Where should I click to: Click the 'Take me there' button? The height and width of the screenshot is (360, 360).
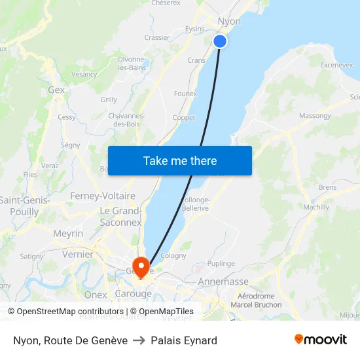[180, 160]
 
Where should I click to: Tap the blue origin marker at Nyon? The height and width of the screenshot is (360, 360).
[220, 41]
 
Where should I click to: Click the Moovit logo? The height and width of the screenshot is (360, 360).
[320, 339]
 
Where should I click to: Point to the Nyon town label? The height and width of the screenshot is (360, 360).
[228, 22]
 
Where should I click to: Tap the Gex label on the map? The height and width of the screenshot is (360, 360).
[56, 90]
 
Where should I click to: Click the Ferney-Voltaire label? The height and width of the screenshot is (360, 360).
[103, 196]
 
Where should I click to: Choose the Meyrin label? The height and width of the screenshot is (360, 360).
[68, 234]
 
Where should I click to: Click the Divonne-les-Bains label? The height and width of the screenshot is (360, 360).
[132, 63]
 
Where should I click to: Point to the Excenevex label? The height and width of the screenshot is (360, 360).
[337, 65]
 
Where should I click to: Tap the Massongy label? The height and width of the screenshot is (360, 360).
[315, 116]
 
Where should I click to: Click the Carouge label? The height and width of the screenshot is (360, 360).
[133, 294]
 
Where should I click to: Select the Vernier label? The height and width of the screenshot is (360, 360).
[77, 254]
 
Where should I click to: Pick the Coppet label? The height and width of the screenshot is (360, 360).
[184, 118]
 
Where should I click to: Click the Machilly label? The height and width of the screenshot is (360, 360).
[317, 207]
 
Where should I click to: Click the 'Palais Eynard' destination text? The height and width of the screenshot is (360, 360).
[184, 340]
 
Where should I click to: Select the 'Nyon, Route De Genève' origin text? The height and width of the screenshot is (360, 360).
[70, 340]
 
